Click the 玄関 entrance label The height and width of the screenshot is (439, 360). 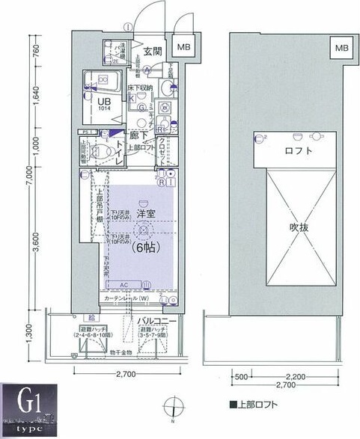(x=153, y=52)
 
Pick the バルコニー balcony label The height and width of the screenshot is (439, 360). (x=156, y=322)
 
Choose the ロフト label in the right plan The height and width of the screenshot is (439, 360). (x=298, y=150)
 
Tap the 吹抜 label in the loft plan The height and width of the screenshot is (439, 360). (x=299, y=225)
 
